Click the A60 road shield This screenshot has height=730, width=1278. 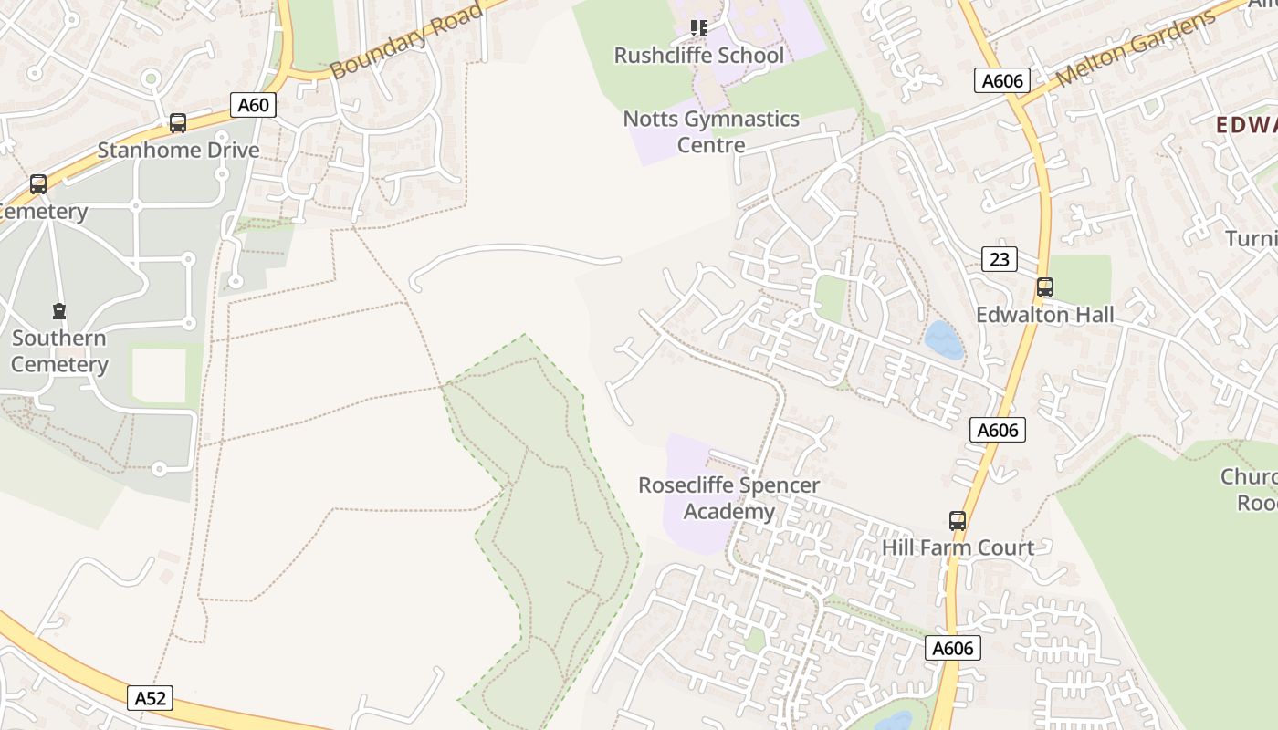(253, 105)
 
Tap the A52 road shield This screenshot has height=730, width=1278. (151, 698)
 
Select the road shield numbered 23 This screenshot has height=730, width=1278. (1000, 259)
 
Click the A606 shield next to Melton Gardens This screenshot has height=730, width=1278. (1001, 81)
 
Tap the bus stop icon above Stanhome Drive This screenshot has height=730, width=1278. (178, 122)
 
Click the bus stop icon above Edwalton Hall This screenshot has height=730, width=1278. (1045, 287)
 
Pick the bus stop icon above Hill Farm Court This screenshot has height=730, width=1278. (957, 521)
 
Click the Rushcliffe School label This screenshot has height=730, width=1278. (698, 56)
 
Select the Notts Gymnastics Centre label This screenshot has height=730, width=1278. (711, 131)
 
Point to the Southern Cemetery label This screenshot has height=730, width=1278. (59, 351)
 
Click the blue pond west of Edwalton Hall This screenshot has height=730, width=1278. (944, 340)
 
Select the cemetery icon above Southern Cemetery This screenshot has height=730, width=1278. (59, 311)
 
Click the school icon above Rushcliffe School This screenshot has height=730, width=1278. (698, 28)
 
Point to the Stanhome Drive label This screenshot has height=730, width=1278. (178, 150)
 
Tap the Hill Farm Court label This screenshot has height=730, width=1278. (958, 547)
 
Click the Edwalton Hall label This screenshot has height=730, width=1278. (1045, 315)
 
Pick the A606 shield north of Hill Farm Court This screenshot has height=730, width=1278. (997, 430)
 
